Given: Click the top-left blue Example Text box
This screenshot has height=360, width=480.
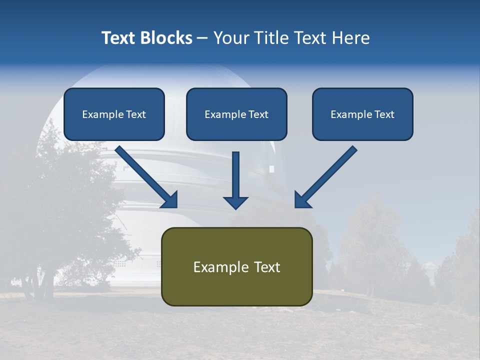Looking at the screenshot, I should pos(114,114).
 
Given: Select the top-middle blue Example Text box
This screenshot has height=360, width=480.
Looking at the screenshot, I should pos(236,114).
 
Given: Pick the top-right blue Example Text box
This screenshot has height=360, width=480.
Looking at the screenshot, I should pos(362,114).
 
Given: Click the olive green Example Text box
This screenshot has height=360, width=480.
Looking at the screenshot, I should pos(236,266).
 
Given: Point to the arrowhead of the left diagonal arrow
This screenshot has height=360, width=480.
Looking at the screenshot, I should pos(170,200).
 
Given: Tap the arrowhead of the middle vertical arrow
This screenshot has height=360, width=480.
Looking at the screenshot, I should pos(235,202).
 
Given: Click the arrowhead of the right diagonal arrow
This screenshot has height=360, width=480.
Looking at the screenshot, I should pos(301,200).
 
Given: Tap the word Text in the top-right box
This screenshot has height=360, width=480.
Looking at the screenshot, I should pos(384,114).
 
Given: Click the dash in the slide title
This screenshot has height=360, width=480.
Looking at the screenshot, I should pos(202,38).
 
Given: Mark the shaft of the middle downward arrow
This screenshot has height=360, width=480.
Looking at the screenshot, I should pos(235,172).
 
